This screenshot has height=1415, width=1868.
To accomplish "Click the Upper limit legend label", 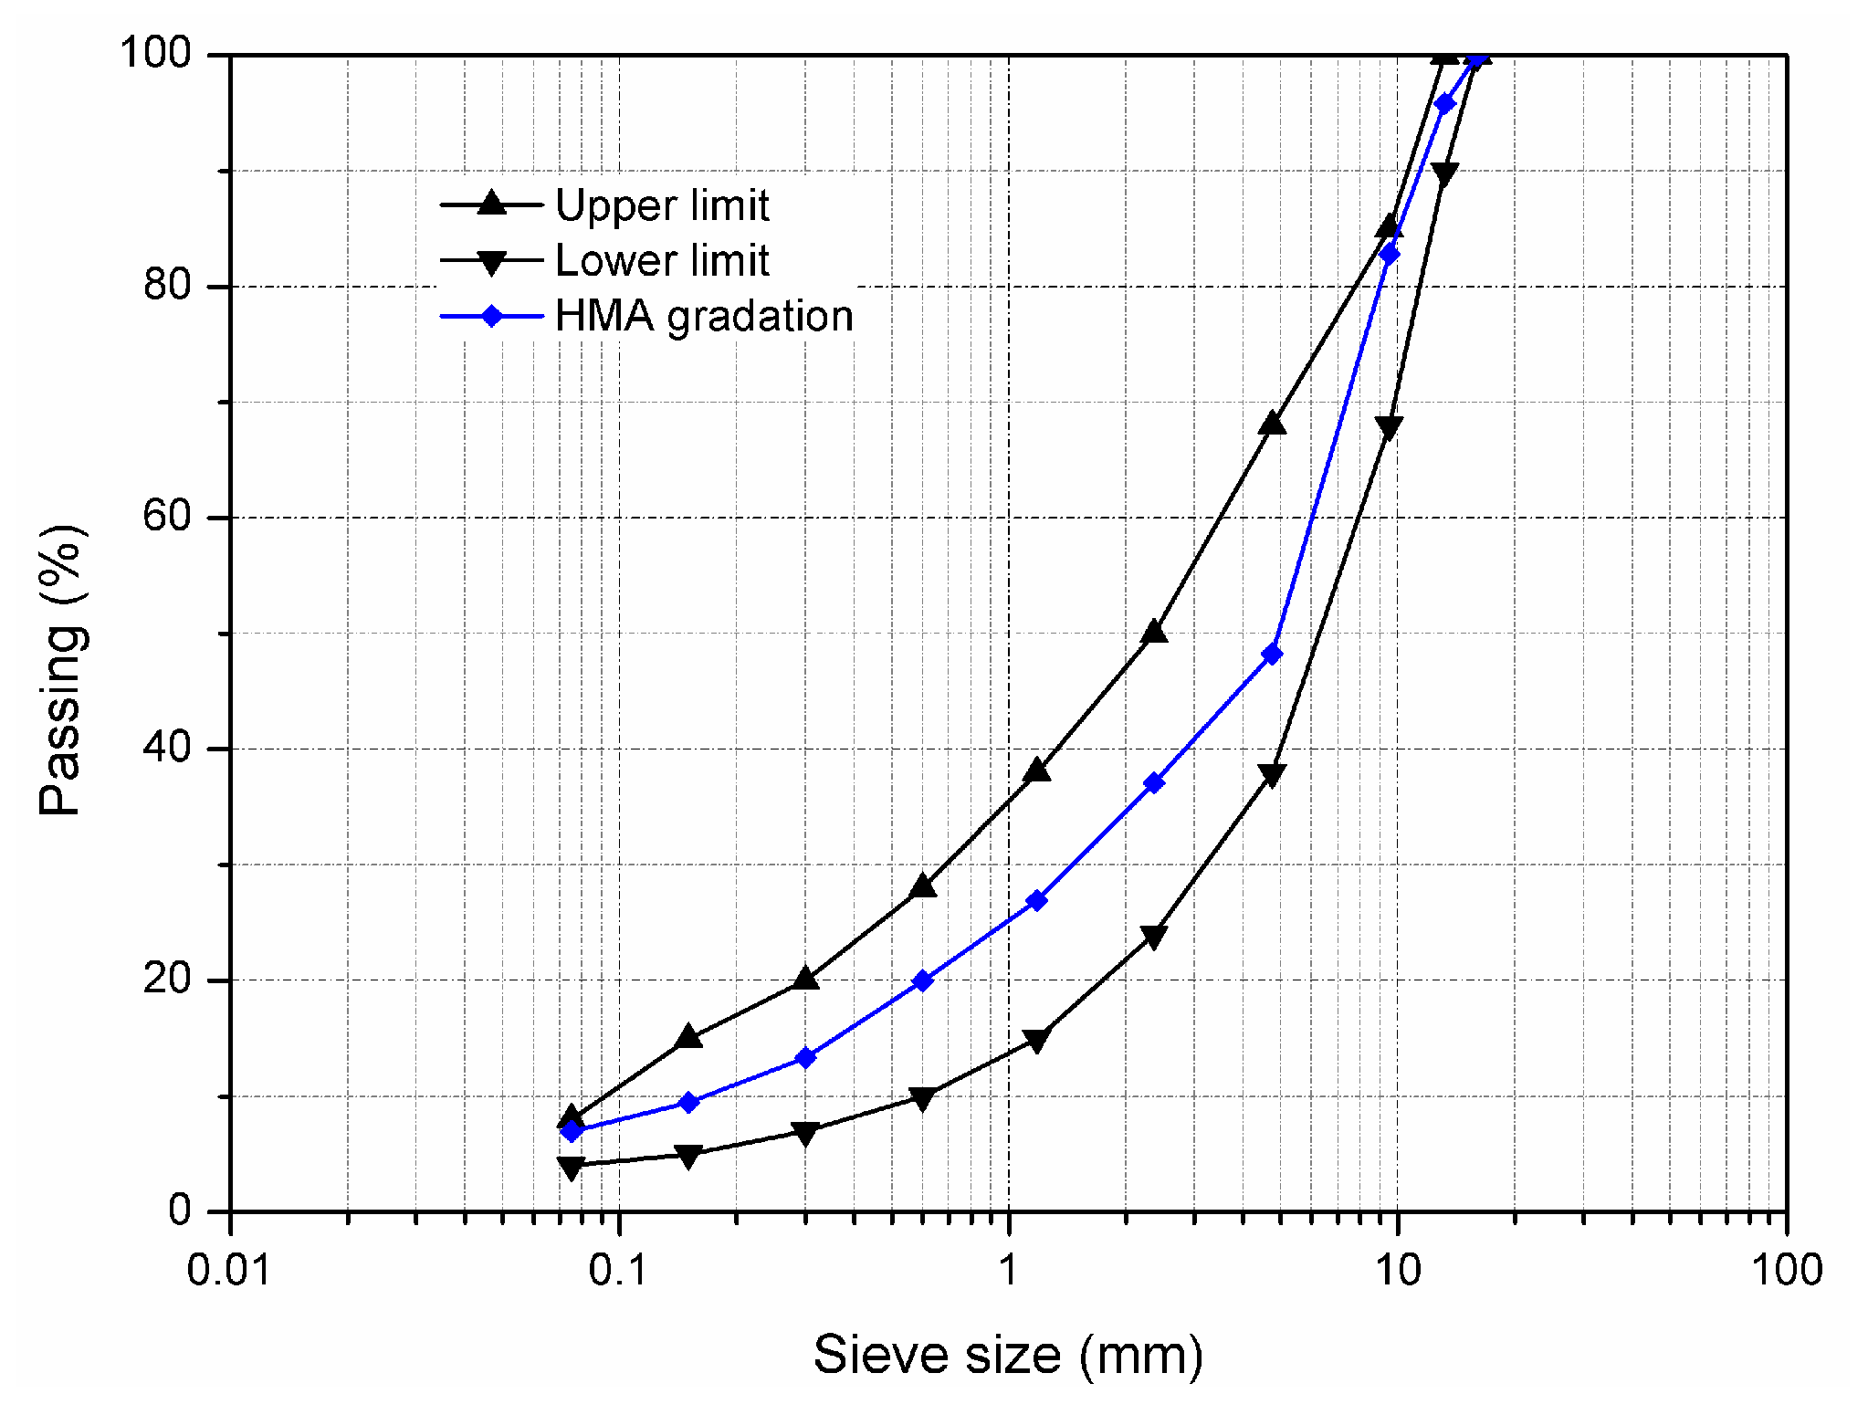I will pyautogui.click(x=662, y=205).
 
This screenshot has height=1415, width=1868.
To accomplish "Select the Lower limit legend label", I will pyautogui.click(x=662, y=261).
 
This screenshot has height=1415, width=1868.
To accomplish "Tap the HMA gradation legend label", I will pyautogui.click(x=704, y=317).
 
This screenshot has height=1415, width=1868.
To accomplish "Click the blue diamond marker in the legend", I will pyautogui.click(x=492, y=317).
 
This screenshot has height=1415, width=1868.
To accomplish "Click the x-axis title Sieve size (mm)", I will pyautogui.click(x=1008, y=1354).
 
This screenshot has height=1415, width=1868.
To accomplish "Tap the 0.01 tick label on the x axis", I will pyautogui.click(x=229, y=1270).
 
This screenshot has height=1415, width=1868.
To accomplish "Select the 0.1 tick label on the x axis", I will pyautogui.click(x=619, y=1270).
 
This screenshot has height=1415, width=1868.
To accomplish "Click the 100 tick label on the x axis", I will pyautogui.click(x=1786, y=1270).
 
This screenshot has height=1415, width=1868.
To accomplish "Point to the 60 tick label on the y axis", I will pyautogui.click(x=167, y=518).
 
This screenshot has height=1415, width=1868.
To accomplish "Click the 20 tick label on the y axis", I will pyautogui.click(x=167, y=980).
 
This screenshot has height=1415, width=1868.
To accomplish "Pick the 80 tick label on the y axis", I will pyautogui.click(x=167, y=286).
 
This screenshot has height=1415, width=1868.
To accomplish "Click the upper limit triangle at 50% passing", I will pyautogui.click(x=1154, y=632).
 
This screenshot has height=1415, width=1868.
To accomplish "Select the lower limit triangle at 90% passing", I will pyautogui.click(x=1444, y=173).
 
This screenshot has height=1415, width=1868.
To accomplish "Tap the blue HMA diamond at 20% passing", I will pyautogui.click(x=922, y=981).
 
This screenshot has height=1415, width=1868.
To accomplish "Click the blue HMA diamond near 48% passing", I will pyautogui.click(x=1272, y=655).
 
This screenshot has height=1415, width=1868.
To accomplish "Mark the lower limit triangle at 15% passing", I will pyautogui.click(x=1036, y=1040).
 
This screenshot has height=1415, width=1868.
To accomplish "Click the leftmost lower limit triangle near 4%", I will pyautogui.click(x=572, y=1168).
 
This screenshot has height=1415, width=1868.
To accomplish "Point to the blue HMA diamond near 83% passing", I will pyautogui.click(x=1389, y=254).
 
